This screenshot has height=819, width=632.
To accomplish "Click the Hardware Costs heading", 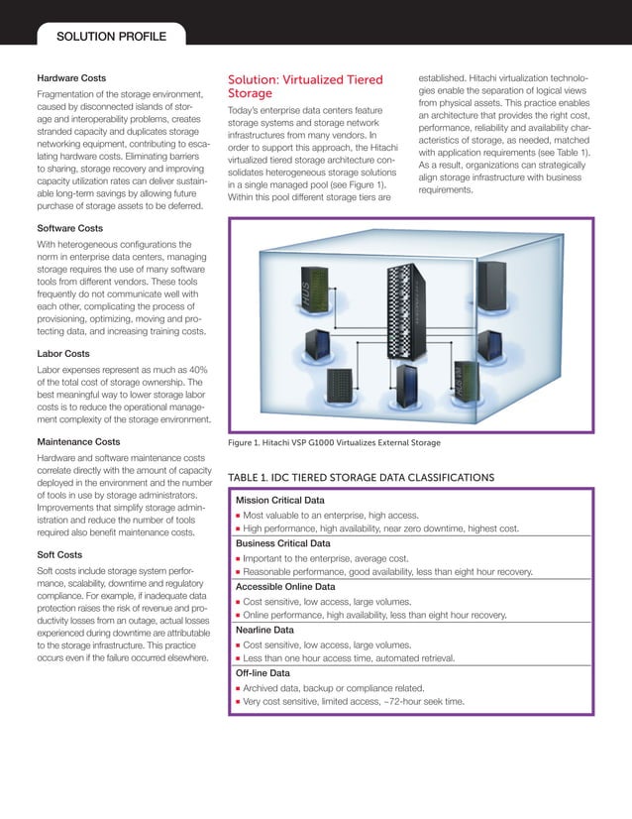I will click(71, 77).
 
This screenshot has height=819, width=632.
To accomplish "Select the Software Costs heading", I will click(70, 227).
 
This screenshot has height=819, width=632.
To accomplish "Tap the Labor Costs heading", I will click(63, 353).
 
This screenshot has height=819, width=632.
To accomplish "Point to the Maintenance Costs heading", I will click(78, 441).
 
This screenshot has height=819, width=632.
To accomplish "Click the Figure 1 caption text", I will click(334, 442).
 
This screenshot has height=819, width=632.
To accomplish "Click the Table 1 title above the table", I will click(361, 478).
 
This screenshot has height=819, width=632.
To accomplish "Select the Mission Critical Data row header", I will click(280, 500).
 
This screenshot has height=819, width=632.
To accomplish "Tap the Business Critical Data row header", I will click(282, 543).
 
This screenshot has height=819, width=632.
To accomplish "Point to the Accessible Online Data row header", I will click(285, 586).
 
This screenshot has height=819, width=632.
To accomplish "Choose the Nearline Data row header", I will click(264, 630).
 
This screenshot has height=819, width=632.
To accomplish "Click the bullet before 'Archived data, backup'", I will click(239, 688).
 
